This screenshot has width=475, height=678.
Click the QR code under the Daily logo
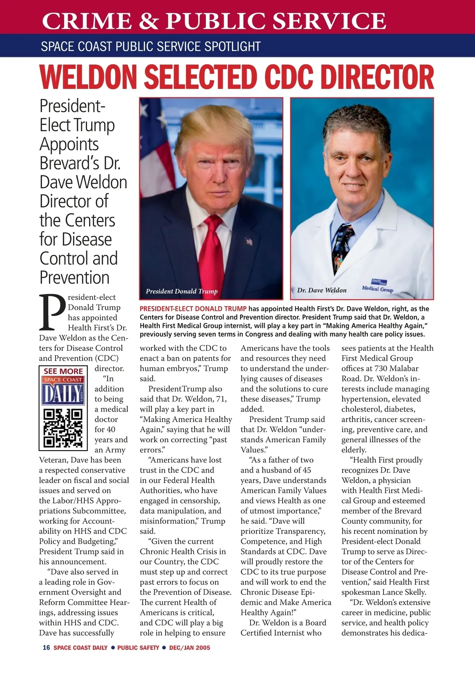pos(63,427)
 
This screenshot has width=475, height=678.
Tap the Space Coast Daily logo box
pos(63,390)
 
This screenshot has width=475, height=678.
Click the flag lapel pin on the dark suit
pos(249,241)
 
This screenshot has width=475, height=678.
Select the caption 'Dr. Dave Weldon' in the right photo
pos(321,290)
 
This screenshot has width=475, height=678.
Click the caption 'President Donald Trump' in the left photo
pos(182,292)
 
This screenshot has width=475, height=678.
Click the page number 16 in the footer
pos(46,648)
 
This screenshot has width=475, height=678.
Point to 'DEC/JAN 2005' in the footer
pos(190,648)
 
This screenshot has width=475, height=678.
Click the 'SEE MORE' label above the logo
pos(63,371)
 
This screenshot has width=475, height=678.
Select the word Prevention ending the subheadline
pos(74,277)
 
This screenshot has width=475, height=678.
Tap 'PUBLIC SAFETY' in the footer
pos(138,648)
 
